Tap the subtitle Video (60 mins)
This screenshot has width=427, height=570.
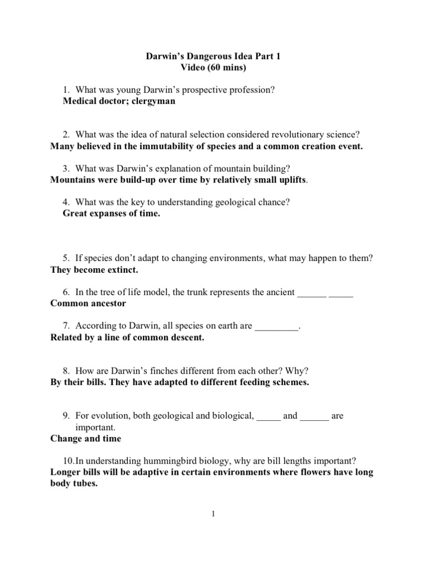[x=213, y=68]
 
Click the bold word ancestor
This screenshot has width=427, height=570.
[x=107, y=303]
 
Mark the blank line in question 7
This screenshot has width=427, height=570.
[x=276, y=326]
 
